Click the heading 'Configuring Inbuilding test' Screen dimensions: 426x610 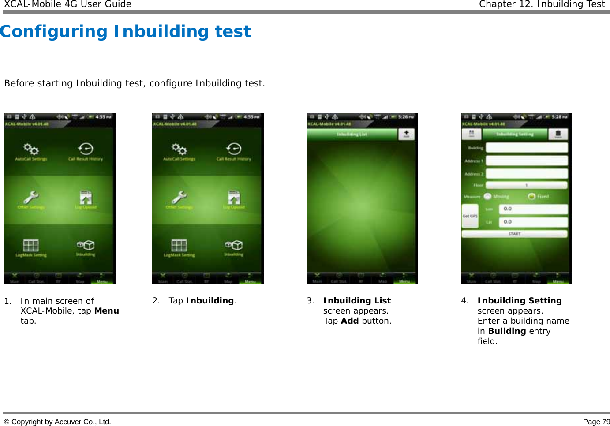coord(126,32)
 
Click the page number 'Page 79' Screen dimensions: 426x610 coord(596,422)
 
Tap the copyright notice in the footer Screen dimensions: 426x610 coord(57,422)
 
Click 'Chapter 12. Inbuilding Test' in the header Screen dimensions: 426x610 coord(542,4)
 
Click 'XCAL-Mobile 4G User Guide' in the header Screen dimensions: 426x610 coord(67,4)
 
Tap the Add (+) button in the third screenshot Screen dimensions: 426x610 coord(406,134)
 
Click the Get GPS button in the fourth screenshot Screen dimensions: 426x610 coord(470,216)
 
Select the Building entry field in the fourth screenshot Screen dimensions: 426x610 coord(527,148)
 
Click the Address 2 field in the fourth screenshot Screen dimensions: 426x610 coord(527,174)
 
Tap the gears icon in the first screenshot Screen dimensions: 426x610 coord(31,149)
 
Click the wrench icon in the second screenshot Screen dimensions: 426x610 coord(180,197)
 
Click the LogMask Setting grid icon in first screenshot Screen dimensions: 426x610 coord(31,246)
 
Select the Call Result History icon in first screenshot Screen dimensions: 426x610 coord(86,149)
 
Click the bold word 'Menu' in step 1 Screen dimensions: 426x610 coord(107,311)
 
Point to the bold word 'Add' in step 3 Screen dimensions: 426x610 coord(350,321)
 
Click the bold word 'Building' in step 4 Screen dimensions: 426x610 coord(507,331)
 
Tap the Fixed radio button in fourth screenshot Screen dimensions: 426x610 coord(531,197)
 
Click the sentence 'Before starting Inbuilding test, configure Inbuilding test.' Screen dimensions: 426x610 coord(135,83)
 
